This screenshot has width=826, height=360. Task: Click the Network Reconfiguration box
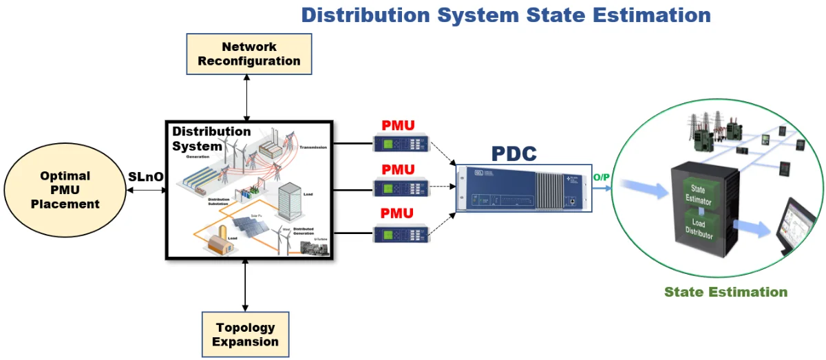[x=248, y=54]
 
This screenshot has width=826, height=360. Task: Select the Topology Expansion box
[x=245, y=335]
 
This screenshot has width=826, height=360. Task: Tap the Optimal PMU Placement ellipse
[x=65, y=190]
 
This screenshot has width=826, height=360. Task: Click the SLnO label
[x=146, y=177]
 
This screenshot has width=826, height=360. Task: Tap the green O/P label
[x=602, y=178]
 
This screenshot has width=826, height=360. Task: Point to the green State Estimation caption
[x=726, y=292]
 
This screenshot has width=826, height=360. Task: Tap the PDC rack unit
[x=522, y=188]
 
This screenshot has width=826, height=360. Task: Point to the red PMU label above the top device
[x=399, y=126]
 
